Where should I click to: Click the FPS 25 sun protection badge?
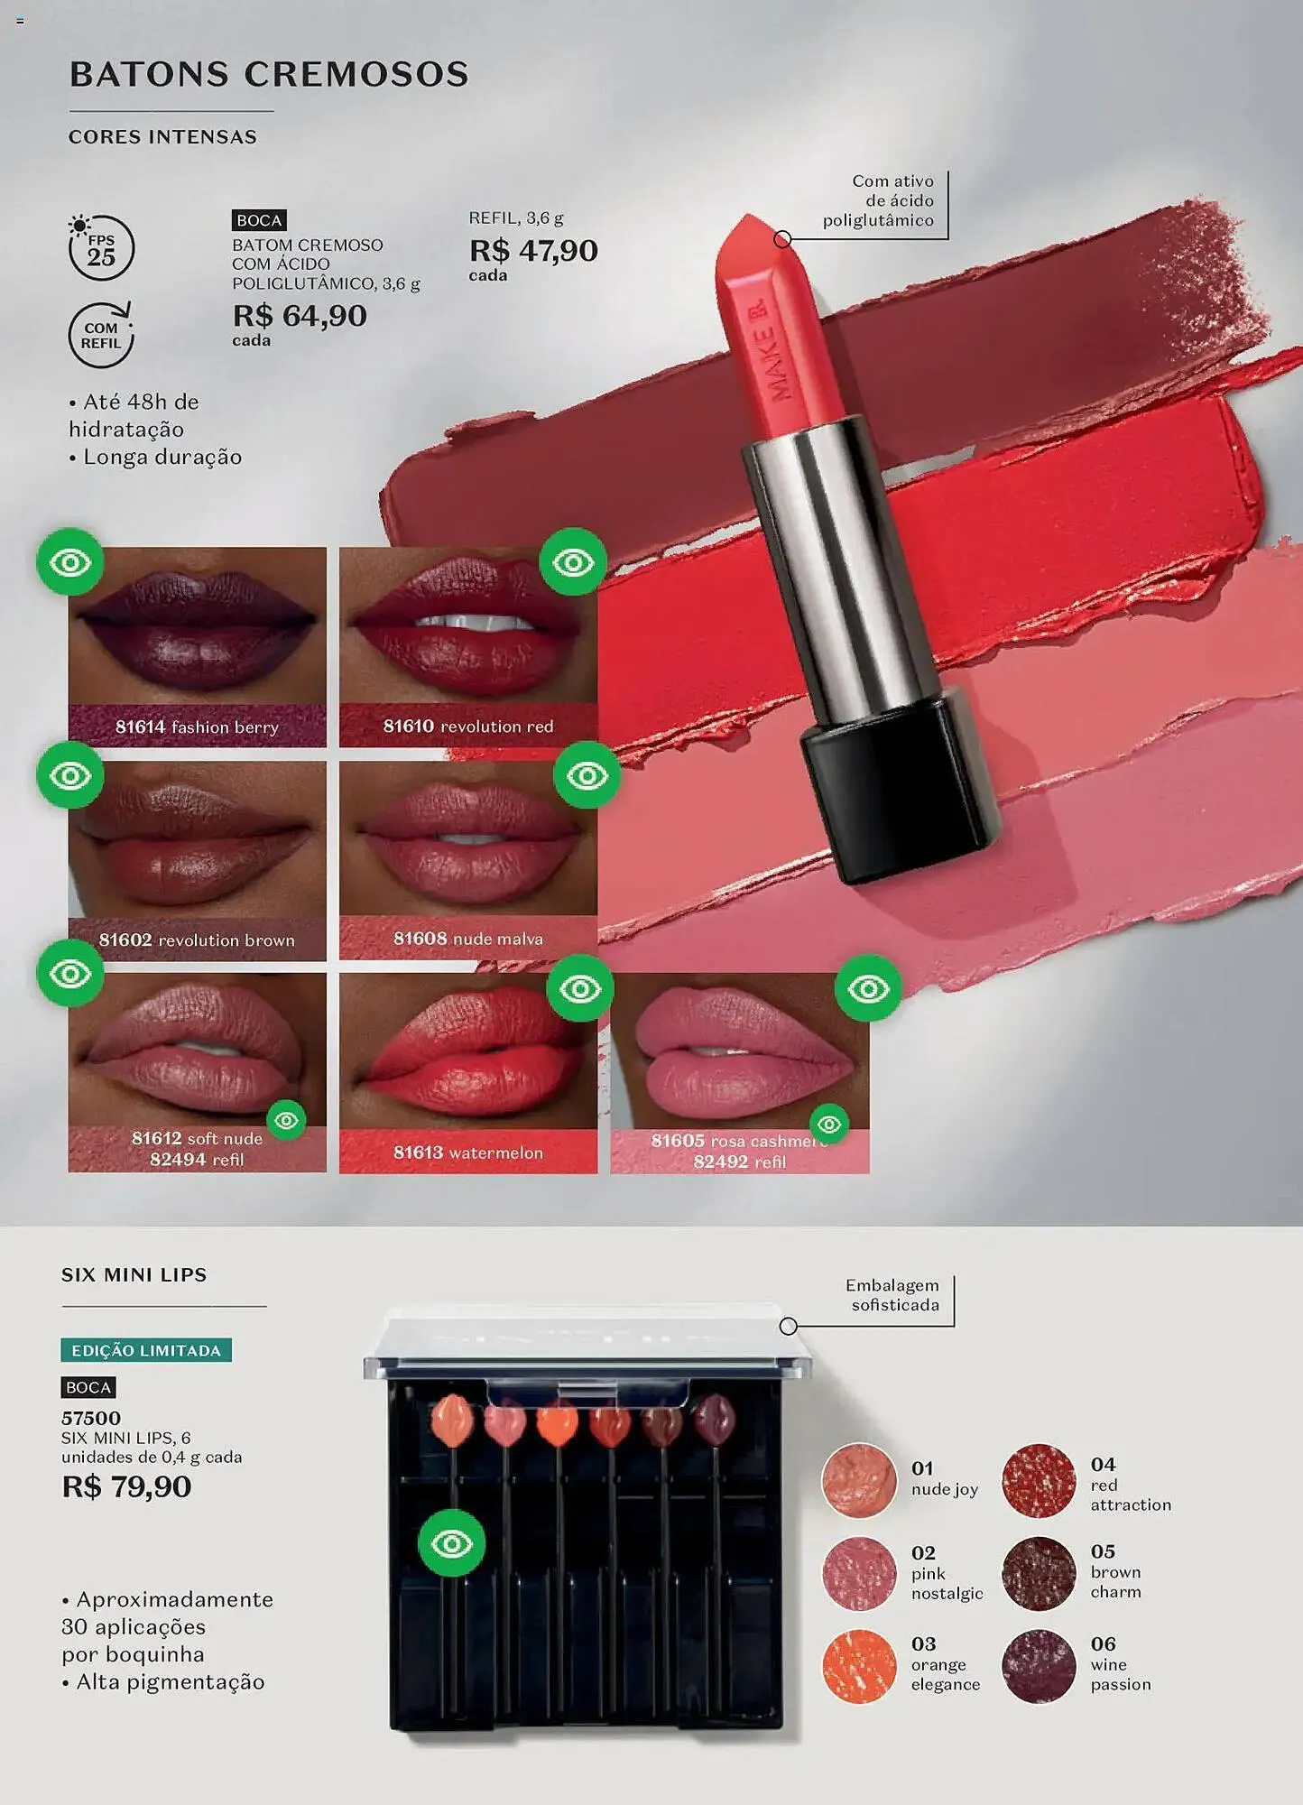[101, 246]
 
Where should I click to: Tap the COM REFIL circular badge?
[101, 335]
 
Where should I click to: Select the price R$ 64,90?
[300, 316]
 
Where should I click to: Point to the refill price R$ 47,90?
[533, 251]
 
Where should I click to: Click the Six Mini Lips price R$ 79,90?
[126, 1486]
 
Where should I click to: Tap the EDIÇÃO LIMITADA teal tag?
[146, 1350]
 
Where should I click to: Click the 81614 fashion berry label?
[197, 727]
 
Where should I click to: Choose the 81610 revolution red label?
[468, 726]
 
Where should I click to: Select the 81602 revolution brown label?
[197, 940]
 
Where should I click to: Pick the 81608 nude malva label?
[468, 939]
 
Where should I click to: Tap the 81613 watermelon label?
[468, 1152]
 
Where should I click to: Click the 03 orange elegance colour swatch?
[859, 1666]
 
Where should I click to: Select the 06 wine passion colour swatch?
[1039, 1666]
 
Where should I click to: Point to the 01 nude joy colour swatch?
[859, 1480]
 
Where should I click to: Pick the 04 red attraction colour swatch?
[1039, 1480]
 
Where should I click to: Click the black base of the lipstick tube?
[901, 785]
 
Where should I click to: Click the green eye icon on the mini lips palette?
[452, 1543]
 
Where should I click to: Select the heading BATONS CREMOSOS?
[269, 74]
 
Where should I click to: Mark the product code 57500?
[91, 1418]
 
